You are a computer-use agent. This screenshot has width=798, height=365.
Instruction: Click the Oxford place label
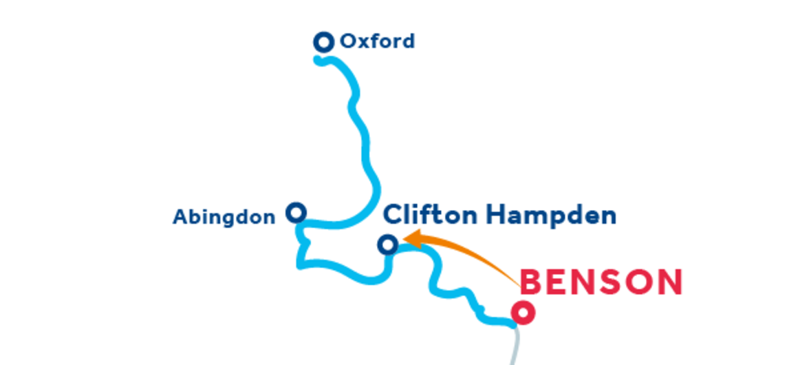[x=377, y=42]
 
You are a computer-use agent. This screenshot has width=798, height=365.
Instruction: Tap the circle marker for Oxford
[x=323, y=42]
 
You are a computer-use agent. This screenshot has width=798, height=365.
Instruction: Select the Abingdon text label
[x=224, y=218]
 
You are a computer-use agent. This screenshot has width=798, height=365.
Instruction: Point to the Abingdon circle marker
[x=296, y=212]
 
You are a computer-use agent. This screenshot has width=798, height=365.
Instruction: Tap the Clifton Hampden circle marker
[x=389, y=244]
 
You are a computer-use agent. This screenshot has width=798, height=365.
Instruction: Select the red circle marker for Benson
[x=524, y=313]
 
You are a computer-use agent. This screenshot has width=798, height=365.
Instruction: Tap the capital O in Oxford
[x=349, y=42]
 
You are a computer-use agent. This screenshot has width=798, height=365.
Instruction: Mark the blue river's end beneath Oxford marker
[x=319, y=60]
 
